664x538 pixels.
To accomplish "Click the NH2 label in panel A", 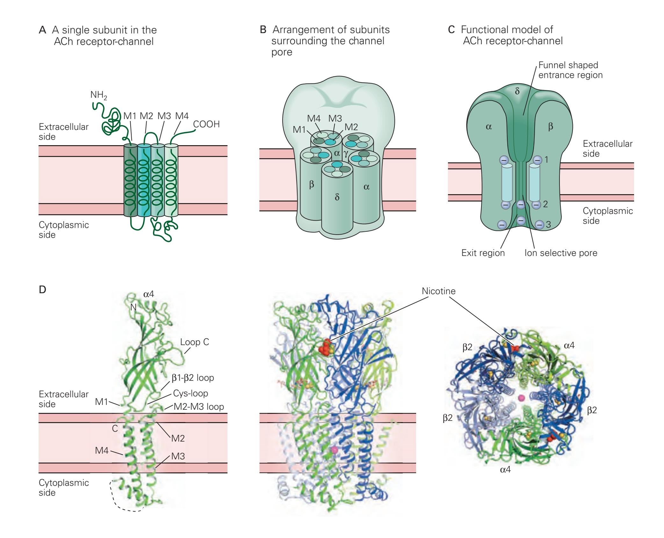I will tap(98, 96).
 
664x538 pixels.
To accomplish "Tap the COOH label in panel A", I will tap(206, 124).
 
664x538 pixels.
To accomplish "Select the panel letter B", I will tap(263, 30).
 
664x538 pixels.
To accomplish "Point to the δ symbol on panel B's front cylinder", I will tap(337, 197).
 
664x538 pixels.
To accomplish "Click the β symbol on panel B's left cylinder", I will tap(312, 184).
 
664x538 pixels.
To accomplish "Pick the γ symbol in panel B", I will tap(346, 154).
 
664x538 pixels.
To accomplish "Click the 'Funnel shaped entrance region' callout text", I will tap(570, 70).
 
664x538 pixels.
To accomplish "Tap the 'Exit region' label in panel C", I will tap(483, 253).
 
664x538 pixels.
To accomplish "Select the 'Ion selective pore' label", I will tap(561, 253).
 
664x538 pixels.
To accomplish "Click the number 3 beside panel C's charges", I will tap(548, 225).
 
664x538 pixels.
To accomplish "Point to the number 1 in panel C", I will tap(546, 159).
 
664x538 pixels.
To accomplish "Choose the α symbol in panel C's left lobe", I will tap(489, 127).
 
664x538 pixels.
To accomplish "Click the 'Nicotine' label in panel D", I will tap(438, 291).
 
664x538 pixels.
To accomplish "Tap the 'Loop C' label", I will tap(194, 342).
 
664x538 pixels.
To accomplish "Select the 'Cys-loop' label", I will tap(191, 393).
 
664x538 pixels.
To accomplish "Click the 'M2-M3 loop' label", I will tap(199, 407).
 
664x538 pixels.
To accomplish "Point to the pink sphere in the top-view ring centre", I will tap(522, 398).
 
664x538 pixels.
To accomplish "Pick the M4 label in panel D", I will tap(102, 450).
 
